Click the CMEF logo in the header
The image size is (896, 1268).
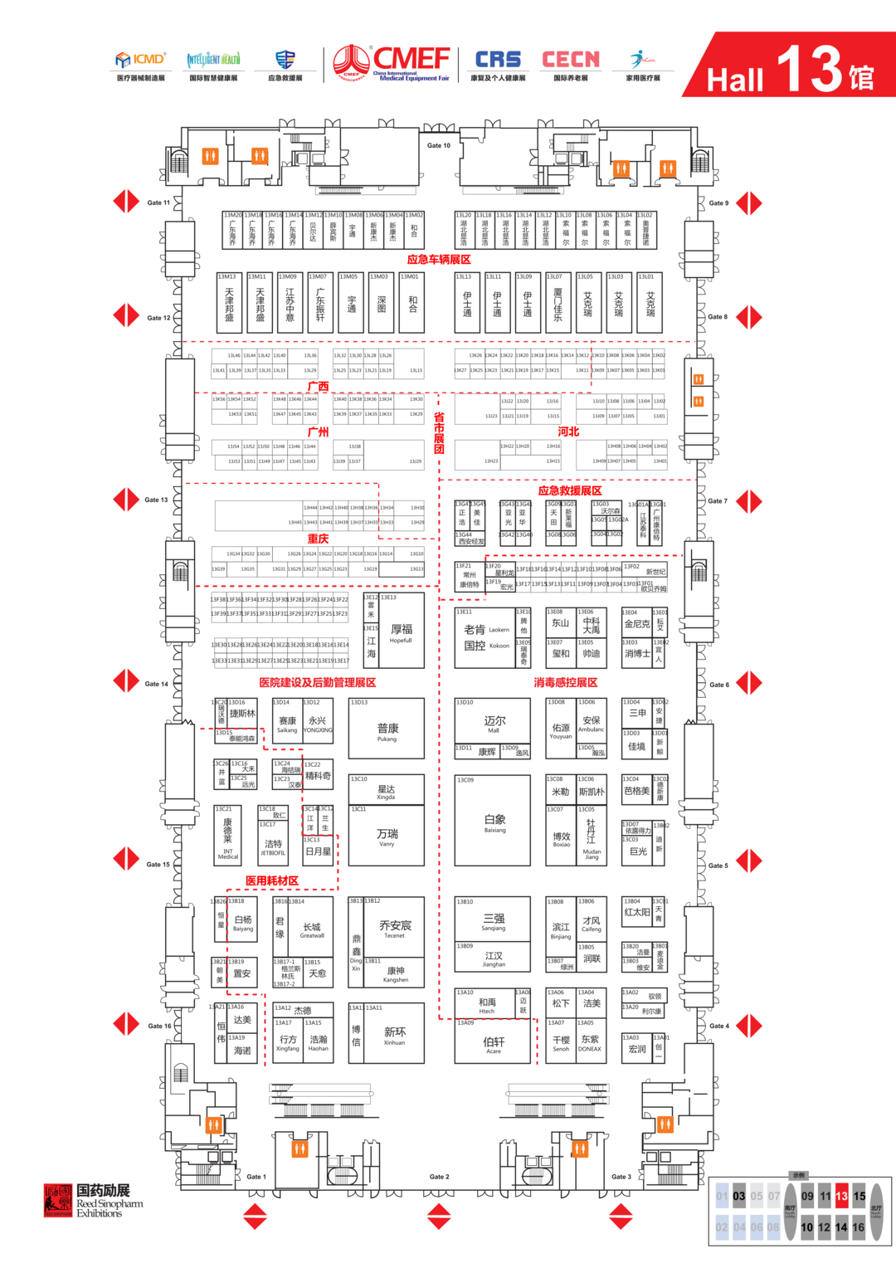(x=392, y=63)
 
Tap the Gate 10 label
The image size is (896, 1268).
(x=439, y=145)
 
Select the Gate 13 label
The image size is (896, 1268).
(x=156, y=500)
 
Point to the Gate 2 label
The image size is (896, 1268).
(x=439, y=1177)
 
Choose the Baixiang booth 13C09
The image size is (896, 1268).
(x=493, y=822)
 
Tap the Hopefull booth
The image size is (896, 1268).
(x=402, y=632)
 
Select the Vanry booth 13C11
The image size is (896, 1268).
(x=387, y=836)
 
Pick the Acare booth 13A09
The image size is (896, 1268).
(x=493, y=1043)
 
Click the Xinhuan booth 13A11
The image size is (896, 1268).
(x=395, y=1034)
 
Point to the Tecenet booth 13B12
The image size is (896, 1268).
(x=395, y=927)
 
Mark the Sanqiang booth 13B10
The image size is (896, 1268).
(x=493, y=921)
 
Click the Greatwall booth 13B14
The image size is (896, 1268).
(x=312, y=929)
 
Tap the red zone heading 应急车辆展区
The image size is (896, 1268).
(x=439, y=260)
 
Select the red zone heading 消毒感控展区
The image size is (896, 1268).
(x=565, y=682)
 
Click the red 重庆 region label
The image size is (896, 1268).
(x=318, y=539)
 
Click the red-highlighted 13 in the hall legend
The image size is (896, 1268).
(x=841, y=1196)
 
